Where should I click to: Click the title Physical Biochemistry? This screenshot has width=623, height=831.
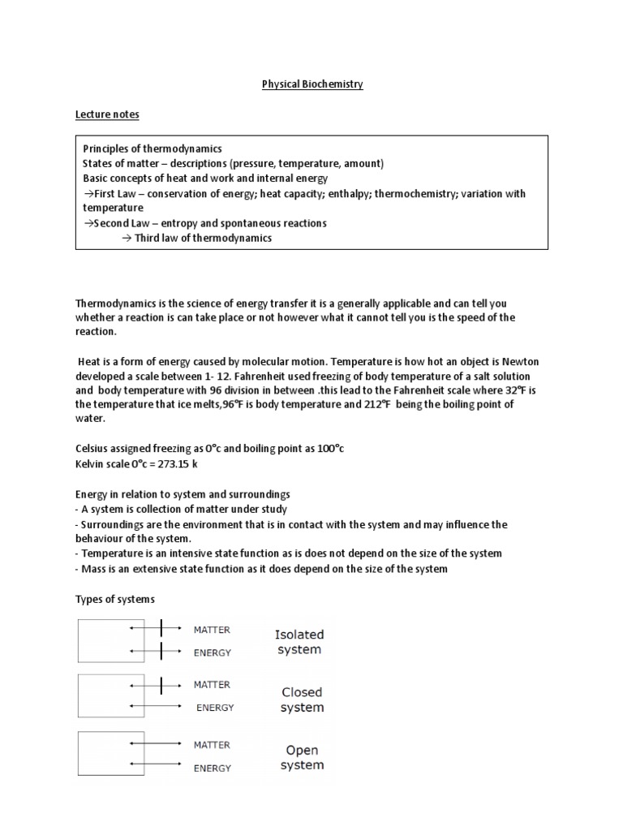pyautogui.click(x=311, y=84)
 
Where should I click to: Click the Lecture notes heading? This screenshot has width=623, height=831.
pyautogui.click(x=107, y=114)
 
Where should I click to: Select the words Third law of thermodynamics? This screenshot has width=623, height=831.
pyautogui.click(x=203, y=238)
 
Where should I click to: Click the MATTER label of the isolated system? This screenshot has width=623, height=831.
pyautogui.click(x=212, y=629)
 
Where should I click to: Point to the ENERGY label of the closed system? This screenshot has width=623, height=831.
pyautogui.click(x=215, y=708)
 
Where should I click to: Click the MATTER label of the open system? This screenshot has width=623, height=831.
pyautogui.click(x=212, y=744)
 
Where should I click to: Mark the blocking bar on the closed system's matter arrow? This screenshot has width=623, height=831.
pyautogui.click(x=161, y=686)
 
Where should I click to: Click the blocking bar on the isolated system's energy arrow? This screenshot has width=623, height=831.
pyautogui.click(x=161, y=652)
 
